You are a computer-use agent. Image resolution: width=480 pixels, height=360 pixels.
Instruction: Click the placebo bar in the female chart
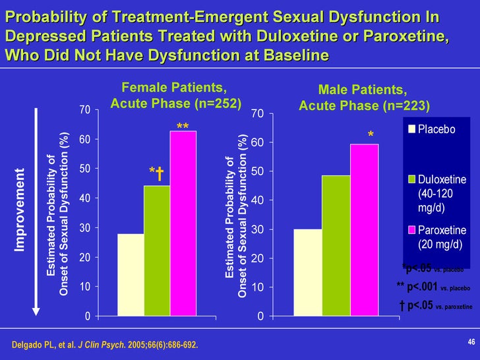click(131, 275)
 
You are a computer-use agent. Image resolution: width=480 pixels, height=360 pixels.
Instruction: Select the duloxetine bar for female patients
click(157, 251)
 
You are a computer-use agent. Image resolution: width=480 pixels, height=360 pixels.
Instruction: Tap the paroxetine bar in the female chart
click(183, 224)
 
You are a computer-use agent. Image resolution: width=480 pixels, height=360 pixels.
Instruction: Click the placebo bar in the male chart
click(307, 272)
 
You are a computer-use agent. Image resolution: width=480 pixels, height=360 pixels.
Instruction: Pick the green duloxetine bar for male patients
click(336, 245)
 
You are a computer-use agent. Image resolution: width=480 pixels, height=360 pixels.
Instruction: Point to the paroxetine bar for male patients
click(364, 230)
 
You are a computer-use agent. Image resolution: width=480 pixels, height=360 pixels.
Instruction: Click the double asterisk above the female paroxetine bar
click(183, 125)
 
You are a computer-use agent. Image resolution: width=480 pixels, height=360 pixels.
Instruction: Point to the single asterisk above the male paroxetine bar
click(371, 135)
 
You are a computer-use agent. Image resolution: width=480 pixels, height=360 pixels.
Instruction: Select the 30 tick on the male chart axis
click(262, 229)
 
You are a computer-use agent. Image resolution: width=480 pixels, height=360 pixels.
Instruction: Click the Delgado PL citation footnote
click(105, 345)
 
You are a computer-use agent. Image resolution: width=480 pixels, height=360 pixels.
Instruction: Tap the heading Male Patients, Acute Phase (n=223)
click(364, 97)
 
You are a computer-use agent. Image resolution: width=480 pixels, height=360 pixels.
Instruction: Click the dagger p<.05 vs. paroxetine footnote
click(436, 305)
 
